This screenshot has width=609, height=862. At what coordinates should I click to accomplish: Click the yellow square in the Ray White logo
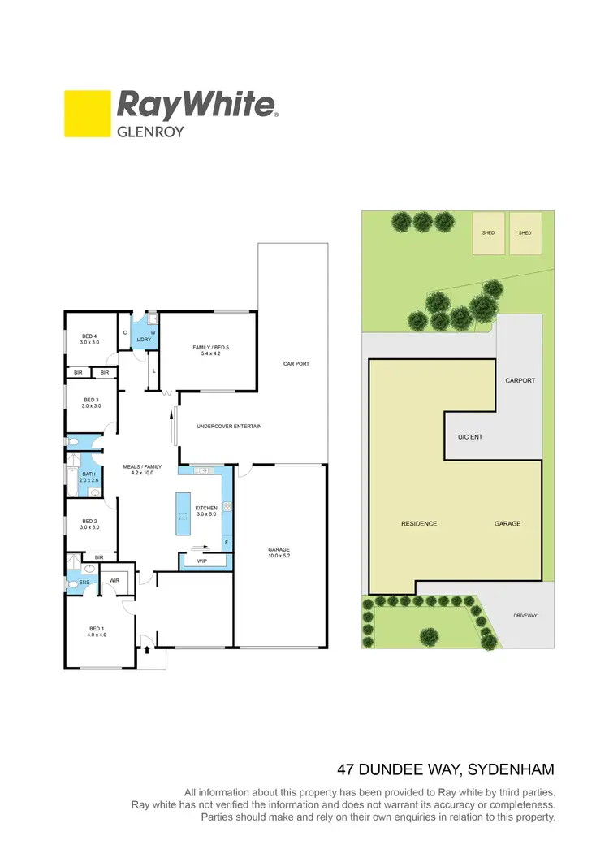pos(88,113)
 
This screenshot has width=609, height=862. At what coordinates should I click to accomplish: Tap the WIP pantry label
pos(201,560)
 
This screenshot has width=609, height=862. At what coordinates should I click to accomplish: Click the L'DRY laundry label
pos(145,339)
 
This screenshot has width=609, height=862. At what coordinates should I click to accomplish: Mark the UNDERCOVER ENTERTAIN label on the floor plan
pos(229,426)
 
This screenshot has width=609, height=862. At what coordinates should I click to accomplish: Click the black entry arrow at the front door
pos(147,649)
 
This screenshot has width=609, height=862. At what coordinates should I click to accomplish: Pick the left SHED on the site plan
pos(488,233)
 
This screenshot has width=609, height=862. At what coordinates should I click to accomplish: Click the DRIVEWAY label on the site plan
pos(525,616)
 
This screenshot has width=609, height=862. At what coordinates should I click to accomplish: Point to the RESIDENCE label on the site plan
pos(419,524)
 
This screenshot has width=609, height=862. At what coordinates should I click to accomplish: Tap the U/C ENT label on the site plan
pos(470,437)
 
